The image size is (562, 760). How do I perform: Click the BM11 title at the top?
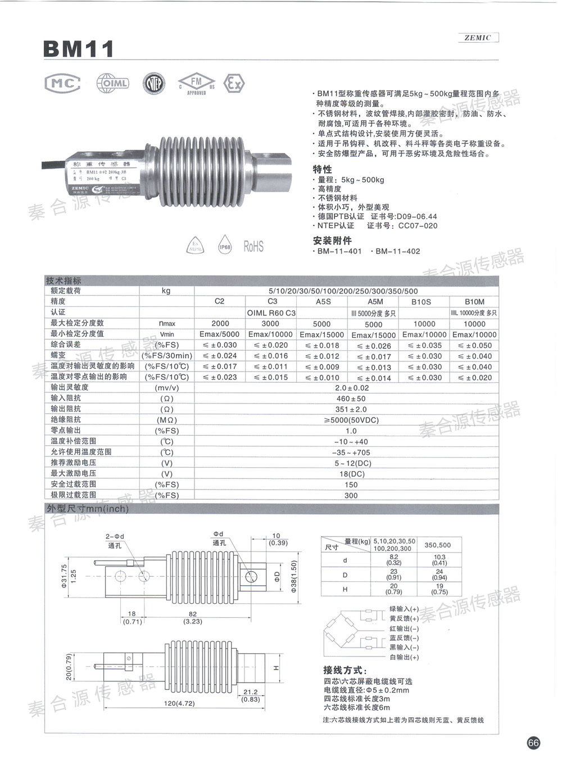[79, 49]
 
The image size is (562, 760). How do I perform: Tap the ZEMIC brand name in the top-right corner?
[478, 38]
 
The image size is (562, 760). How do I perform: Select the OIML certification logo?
[112, 83]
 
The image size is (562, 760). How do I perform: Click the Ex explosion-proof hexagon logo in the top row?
[234, 84]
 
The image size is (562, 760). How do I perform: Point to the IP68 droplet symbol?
[224, 246]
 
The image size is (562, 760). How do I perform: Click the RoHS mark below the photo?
[253, 246]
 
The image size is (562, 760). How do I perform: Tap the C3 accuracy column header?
[273, 301]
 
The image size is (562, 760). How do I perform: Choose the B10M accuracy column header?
[474, 302]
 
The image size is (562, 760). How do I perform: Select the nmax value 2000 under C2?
[220, 323]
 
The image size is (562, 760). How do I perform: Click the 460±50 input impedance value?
[351, 399]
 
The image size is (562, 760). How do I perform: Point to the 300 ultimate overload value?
[351, 495]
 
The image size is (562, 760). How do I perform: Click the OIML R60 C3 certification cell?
[271, 313]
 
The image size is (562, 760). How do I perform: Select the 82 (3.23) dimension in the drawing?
[193, 618]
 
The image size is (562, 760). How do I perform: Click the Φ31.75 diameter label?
[64, 576]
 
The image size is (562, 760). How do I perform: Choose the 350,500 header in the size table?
[437, 545]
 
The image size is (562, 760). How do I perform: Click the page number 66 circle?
[533, 743]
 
